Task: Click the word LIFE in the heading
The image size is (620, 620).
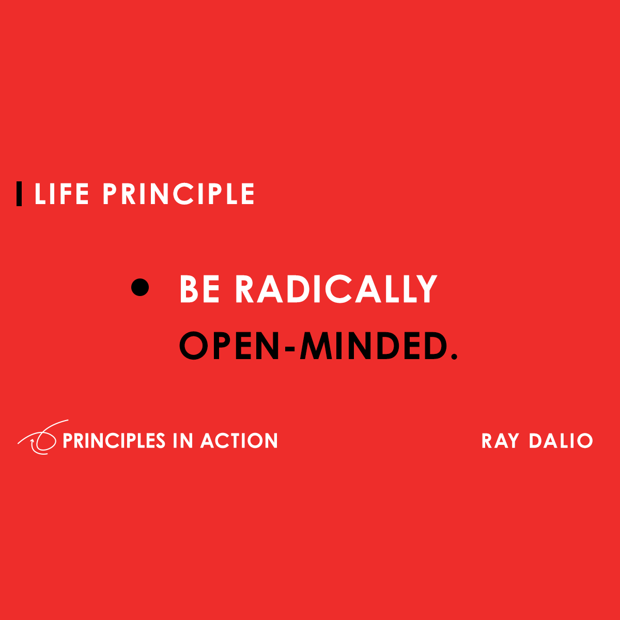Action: click(x=61, y=194)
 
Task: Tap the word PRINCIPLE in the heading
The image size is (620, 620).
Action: click(x=179, y=194)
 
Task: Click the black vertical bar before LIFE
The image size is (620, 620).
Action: click(x=19, y=194)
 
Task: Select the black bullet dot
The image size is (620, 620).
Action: click(x=140, y=287)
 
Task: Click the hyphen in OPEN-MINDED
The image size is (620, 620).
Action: click(x=290, y=348)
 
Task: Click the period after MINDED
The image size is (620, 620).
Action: click(x=455, y=357)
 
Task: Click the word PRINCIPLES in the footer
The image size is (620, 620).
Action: click(x=114, y=441)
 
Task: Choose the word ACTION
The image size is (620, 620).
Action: click(x=239, y=441)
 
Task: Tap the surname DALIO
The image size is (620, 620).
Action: click(x=561, y=441)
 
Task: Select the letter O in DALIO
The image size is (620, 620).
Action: click(x=584, y=441)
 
